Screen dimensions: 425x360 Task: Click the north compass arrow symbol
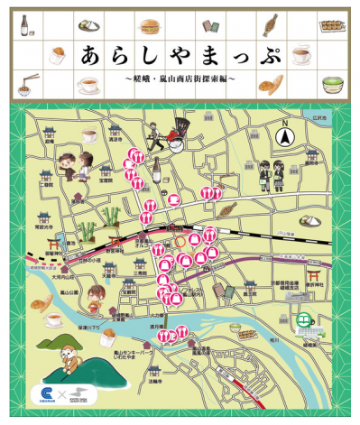pyautogui.click(x=285, y=136)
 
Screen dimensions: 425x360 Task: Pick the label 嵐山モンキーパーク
pyautogui.click(x=134, y=355)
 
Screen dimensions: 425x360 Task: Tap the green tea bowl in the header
pyautogui.click(x=335, y=85)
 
